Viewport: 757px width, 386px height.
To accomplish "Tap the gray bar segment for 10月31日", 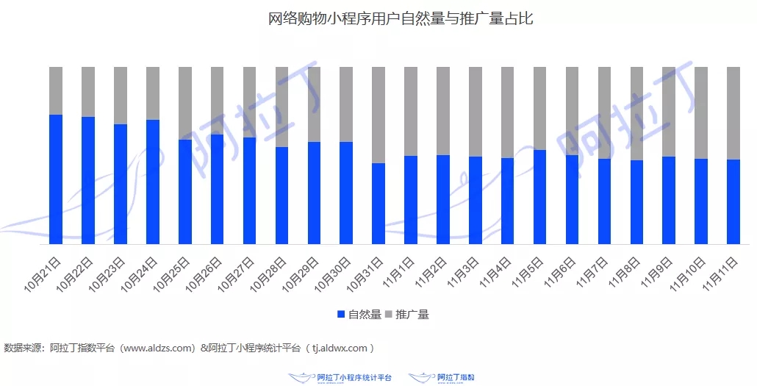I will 378,115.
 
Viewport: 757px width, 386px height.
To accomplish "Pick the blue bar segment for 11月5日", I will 540,196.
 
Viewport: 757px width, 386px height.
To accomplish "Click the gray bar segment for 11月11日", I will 733,112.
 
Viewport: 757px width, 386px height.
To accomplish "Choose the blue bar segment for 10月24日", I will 153,182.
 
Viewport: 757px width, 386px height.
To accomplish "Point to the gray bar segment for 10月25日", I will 185,103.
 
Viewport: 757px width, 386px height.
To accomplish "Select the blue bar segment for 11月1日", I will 411,199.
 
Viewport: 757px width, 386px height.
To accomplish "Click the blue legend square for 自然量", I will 341,315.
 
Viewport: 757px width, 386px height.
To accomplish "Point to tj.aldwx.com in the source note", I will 340,348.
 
